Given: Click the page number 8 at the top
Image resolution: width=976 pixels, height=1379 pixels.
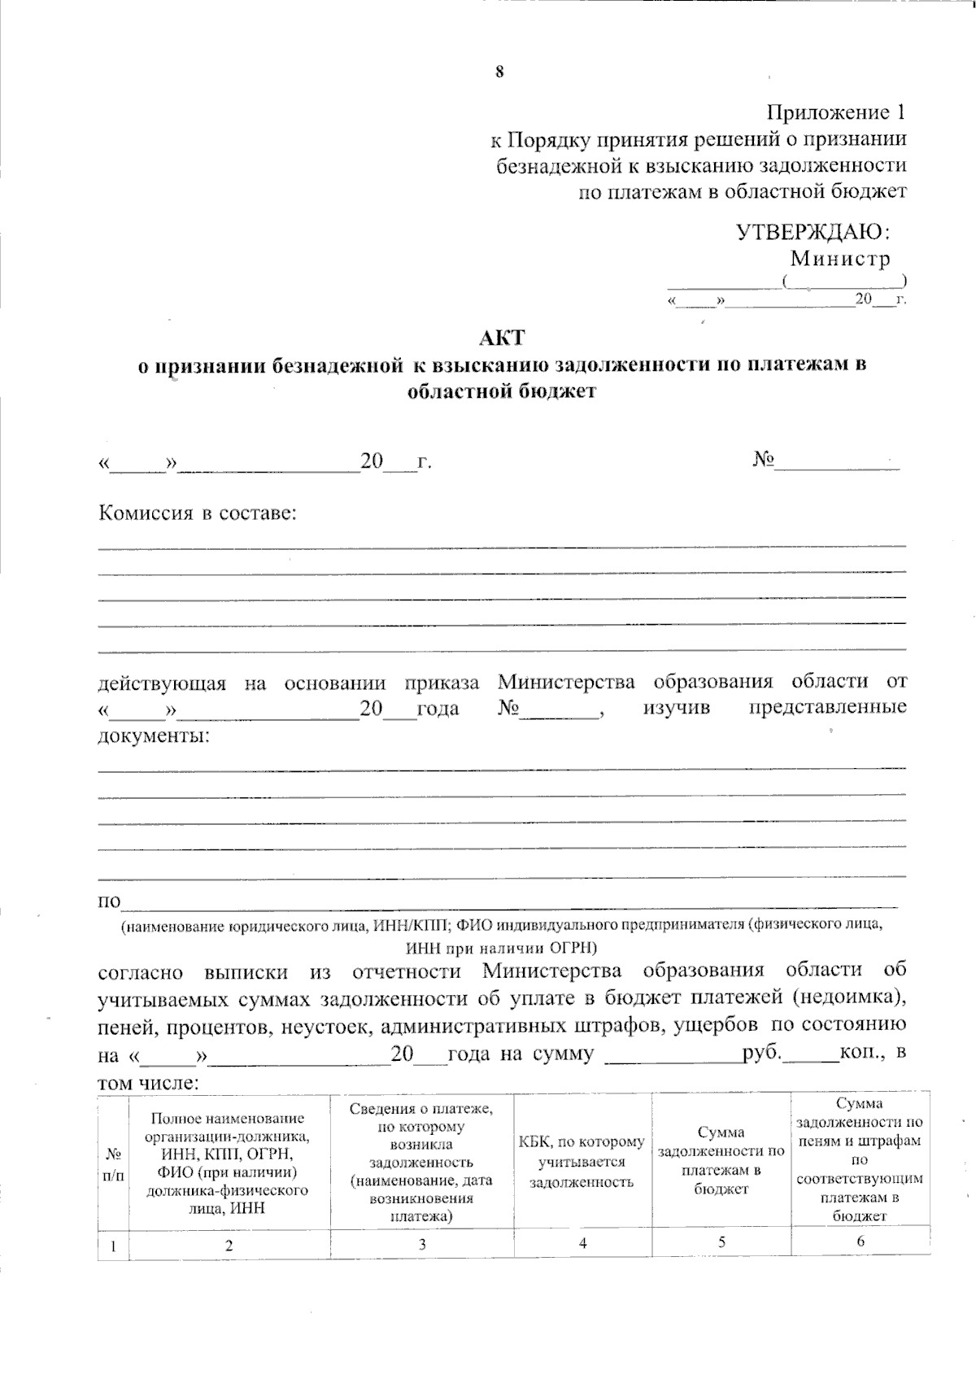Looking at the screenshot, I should (499, 72).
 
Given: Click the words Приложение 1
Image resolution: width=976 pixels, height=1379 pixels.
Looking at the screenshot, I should (836, 112).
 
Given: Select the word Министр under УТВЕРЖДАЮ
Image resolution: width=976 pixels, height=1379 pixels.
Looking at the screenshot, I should (840, 259).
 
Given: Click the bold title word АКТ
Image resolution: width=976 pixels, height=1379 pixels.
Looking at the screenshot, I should (502, 337).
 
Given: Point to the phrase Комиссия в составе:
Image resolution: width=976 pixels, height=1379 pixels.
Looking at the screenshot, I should (198, 513).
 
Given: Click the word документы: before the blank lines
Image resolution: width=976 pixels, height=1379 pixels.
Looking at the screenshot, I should (153, 736).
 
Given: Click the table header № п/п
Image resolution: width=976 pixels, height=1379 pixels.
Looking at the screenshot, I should (114, 1165).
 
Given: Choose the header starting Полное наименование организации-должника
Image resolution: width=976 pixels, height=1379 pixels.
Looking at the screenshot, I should (229, 1163).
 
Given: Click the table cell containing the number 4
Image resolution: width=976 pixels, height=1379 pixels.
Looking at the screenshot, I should (582, 1243).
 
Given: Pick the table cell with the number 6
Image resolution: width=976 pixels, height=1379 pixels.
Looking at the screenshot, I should (860, 1242).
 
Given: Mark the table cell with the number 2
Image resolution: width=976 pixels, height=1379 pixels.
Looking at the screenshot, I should (229, 1245).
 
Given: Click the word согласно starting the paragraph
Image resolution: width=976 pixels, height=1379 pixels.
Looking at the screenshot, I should (139, 971).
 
